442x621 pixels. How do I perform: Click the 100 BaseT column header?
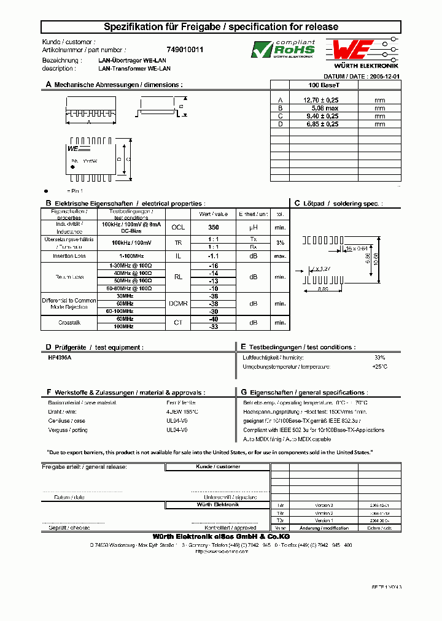coord(324,85)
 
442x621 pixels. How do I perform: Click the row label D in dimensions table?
coord(280,124)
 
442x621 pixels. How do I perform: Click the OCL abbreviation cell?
coord(178,226)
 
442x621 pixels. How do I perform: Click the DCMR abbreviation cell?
coord(178,303)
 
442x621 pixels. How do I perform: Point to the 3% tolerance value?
coord(280,242)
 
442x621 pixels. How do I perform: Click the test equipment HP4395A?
coord(60,357)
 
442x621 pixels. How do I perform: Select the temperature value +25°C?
coord(379,366)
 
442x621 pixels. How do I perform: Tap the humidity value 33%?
coord(379,357)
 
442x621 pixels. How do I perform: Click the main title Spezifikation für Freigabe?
coord(220,27)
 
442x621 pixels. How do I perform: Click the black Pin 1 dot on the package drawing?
coord(73,167)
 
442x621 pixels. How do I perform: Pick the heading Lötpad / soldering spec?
coord(342,203)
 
